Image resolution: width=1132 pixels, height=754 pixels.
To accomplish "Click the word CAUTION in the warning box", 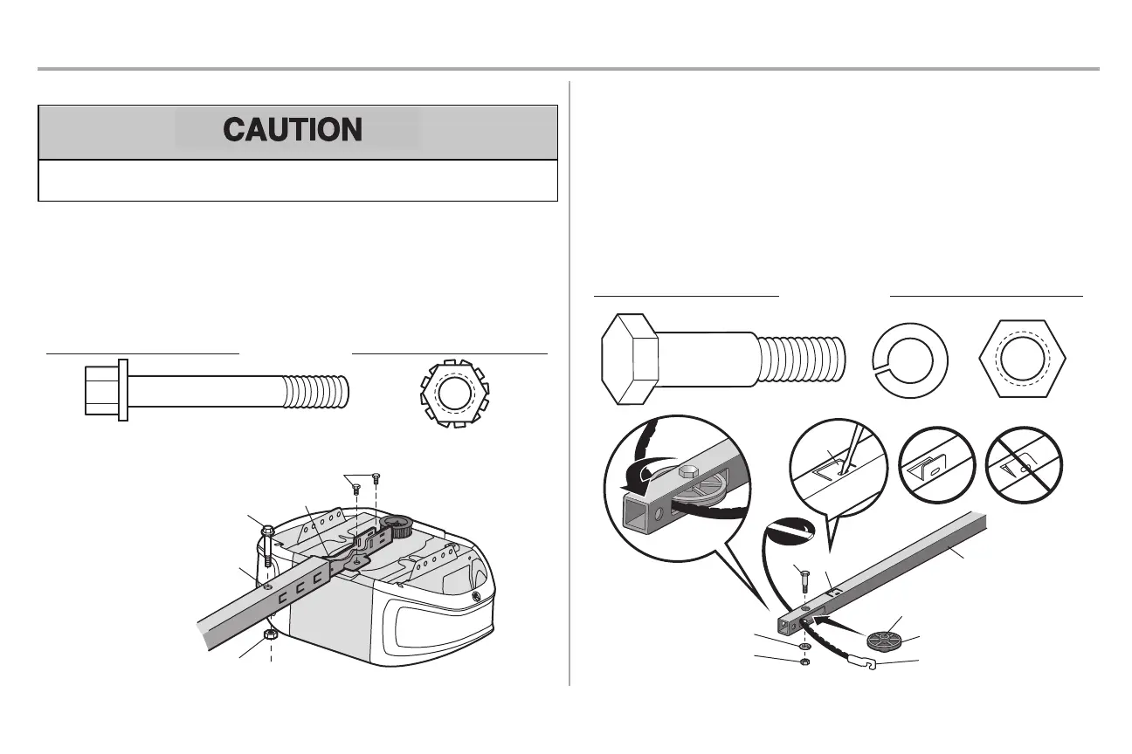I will pos(293,130).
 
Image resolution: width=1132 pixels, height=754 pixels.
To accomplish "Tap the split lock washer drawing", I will pos(909,360).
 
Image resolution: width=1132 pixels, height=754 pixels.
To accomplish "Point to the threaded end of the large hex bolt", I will pos(803,359).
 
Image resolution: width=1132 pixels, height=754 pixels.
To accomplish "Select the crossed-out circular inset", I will pos(1024,465).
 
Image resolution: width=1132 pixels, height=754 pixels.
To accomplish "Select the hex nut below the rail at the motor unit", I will pos(270,635).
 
